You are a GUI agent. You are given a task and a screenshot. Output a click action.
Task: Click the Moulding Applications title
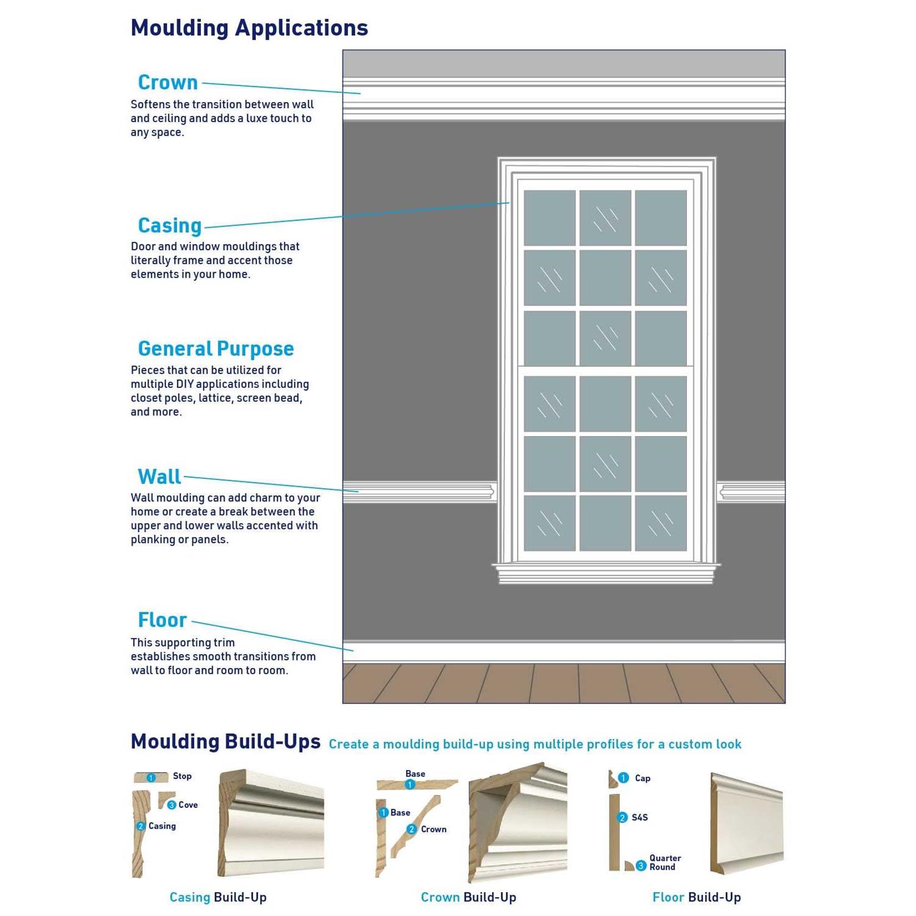[249, 28]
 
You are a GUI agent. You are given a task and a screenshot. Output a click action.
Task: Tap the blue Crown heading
[168, 82]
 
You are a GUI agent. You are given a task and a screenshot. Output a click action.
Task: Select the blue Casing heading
[170, 225]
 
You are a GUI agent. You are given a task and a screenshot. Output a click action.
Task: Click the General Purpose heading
[216, 349]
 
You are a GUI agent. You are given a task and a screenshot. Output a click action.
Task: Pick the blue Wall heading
[159, 476]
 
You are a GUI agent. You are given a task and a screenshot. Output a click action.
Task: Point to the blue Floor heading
[162, 620]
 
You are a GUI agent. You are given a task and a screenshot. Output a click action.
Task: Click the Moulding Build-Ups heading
[225, 741]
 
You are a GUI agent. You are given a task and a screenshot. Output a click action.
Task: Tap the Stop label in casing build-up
[182, 776]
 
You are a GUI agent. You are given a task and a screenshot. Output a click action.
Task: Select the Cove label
[188, 805]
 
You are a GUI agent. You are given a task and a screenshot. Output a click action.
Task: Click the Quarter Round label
[664, 862]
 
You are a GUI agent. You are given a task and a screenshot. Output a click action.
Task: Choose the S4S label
[639, 817]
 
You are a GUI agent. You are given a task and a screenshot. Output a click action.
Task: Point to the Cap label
[642, 778]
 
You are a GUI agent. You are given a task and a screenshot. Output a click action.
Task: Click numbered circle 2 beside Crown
[412, 829]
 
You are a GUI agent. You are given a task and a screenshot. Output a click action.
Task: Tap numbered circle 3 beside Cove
[172, 805]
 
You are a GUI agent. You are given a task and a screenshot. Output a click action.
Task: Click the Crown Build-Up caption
[468, 897]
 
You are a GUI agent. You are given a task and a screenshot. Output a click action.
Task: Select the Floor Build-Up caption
[696, 897]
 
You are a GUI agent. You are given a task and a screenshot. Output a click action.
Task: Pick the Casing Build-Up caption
[218, 897]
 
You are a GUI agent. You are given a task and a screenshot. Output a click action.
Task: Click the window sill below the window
[606, 573]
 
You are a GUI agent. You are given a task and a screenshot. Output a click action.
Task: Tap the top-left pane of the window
[550, 217]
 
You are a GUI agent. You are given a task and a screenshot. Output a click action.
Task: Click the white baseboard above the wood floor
[563, 652]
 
